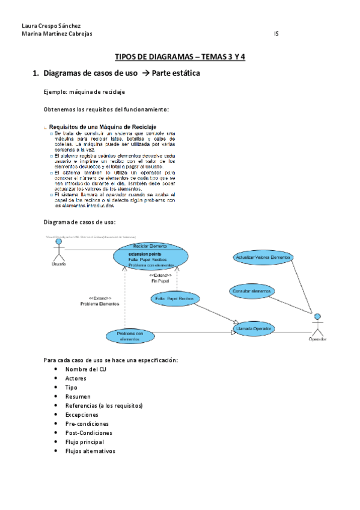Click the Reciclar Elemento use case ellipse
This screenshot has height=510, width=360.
[151, 256]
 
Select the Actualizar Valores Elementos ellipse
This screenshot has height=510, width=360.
[263, 257]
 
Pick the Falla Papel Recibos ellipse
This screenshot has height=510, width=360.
[174, 298]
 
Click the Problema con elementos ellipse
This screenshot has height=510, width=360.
[130, 336]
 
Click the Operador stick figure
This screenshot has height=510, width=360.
[317, 326]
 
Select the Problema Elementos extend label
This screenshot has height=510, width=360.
[100, 301]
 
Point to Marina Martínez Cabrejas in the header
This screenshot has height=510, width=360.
[56, 34]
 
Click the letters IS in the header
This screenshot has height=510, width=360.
[276, 34]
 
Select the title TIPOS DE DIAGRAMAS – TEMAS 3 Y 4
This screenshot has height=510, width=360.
[180, 58]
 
